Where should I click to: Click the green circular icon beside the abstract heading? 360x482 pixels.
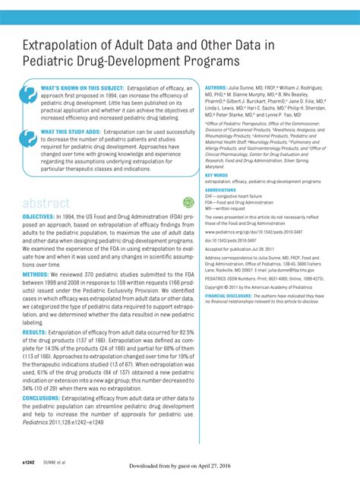click(189, 202)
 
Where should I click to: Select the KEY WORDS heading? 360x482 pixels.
click(216, 175)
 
